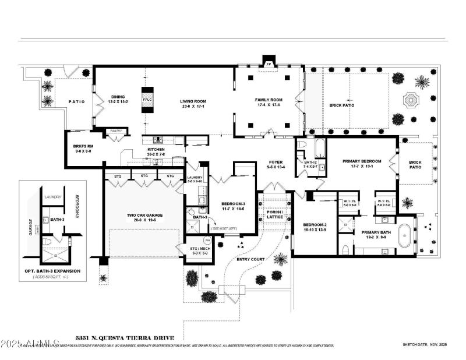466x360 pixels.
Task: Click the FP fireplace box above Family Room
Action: point(269,63)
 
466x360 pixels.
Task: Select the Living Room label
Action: point(193,104)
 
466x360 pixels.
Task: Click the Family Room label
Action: point(268,102)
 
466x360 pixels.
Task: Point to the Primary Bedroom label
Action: point(362,164)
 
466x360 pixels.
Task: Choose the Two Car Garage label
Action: point(144,217)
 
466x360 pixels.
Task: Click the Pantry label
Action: point(116,131)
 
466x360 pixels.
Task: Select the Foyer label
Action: point(276,164)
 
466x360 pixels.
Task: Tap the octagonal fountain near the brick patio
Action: point(411,100)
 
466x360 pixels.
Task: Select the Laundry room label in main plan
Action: point(195,179)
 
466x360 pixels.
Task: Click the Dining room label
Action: point(118,100)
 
